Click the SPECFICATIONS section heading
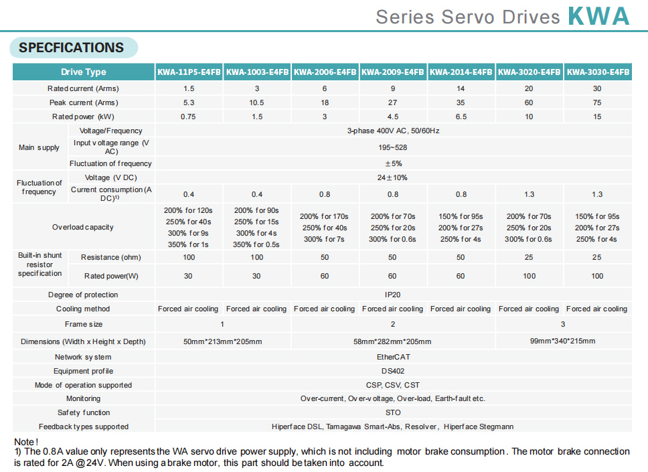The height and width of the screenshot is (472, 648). coord(72,48)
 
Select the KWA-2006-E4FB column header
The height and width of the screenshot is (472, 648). coord(325,72)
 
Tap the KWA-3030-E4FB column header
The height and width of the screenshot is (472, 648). coord(597,72)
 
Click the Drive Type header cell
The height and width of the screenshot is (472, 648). coord(84,72)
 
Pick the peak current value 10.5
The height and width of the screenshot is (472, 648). coord(257,102)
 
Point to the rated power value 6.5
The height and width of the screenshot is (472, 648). coord(461,116)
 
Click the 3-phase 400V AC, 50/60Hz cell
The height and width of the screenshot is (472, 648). coord(393,131)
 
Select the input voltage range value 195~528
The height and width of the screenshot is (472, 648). coord(393,147)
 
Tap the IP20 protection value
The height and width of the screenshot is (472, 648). coord(393,295)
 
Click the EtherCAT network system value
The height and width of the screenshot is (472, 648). coord(393,357)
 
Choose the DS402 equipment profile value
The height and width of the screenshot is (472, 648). coord(393,371)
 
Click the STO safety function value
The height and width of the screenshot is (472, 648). coord(393,412)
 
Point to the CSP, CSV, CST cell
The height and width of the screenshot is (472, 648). coord(393,385)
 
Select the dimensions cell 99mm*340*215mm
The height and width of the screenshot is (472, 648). coord(562,341)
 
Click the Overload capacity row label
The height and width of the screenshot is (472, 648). coord(83,227)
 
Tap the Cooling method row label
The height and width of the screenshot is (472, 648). coord(83,309)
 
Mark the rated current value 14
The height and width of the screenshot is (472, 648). coord(461,88)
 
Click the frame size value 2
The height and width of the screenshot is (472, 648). coord(393,324)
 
